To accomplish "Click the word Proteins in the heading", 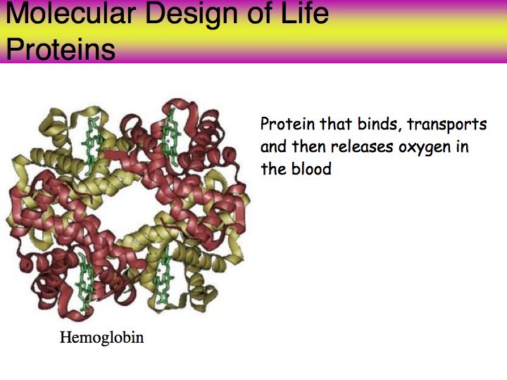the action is click(61, 49).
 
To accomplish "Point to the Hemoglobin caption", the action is click(102, 338).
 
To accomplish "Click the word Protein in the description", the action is click(288, 124).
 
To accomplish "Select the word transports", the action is click(447, 125).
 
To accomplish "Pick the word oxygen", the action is click(425, 148).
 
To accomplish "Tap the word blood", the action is click(312, 169).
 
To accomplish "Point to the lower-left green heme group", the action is click(85, 281).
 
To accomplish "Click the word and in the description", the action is click(273, 146).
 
